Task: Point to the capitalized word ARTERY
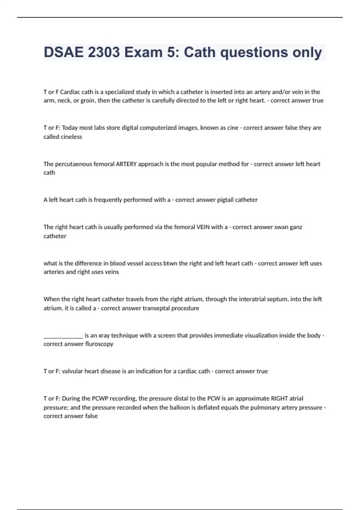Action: (x=126, y=164)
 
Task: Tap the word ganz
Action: (x=296, y=227)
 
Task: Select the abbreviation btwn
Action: (x=170, y=263)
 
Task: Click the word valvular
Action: (x=72, y=371)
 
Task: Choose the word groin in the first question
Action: (x=87, y=101)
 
